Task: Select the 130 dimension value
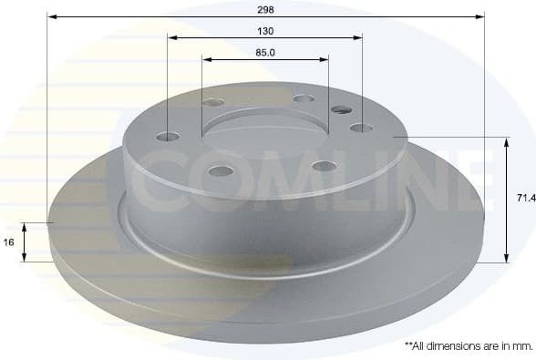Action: (265, 30)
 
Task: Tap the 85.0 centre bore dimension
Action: (265, 52)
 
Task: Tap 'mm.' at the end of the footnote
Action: (521, 346)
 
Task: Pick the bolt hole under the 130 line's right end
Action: (361, 128)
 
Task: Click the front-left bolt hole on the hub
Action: (220, 170)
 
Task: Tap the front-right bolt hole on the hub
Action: (324, 166)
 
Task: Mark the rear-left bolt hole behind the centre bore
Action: (214, 103)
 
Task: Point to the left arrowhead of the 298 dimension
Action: (51, 16)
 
